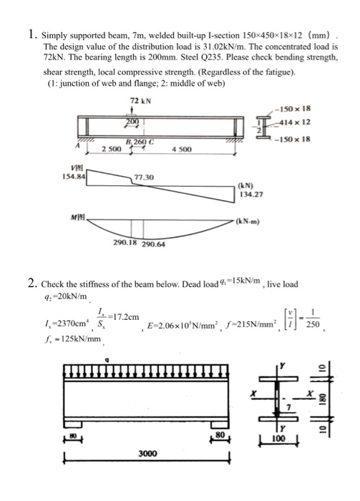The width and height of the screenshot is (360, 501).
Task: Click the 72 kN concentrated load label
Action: [x=140, y=99]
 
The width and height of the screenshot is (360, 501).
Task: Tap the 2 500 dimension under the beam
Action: [x=111, y=149]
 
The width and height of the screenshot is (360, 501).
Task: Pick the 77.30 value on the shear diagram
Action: [x=145, y=177]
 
